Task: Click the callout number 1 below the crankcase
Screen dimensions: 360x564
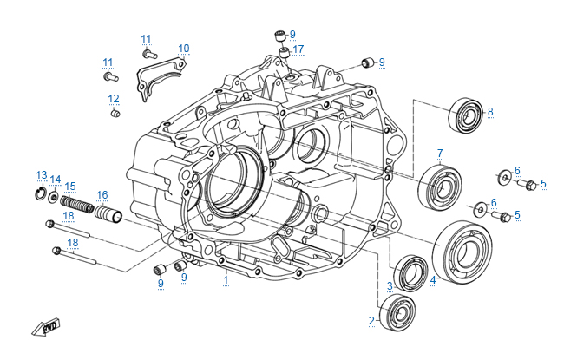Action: pos(226,280)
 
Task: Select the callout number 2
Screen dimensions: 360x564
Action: pos(371,321)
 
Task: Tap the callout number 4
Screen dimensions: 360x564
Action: pos(433,280)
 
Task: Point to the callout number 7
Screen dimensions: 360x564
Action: pos(440,154)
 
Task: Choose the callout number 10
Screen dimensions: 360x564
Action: pos(183,48)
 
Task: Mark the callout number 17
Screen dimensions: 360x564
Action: pos(298,49)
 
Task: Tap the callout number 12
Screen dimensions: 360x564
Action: pos(114,98)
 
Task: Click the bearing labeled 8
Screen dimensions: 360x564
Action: pos(466,115)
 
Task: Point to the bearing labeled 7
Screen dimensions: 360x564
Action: pos(440,187)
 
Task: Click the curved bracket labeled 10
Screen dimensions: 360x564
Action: pos(160,74)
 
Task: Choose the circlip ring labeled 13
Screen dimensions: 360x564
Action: pos(40,193)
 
